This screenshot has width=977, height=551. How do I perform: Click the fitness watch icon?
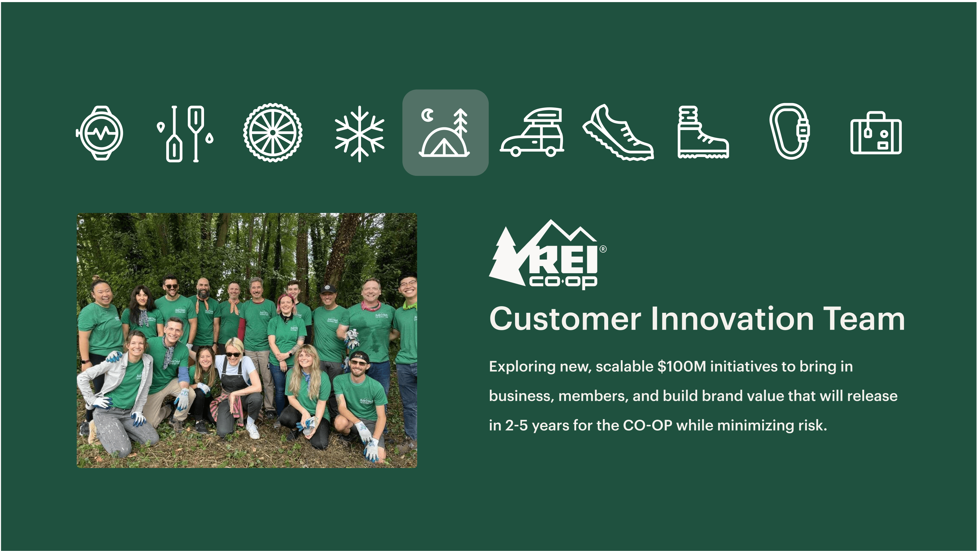[99, 133]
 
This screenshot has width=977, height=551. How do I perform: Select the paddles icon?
[185, 134]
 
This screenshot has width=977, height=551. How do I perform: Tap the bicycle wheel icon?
[273, 132]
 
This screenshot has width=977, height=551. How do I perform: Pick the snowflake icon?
[360, 134]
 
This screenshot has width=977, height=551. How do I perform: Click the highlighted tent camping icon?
[445, 132]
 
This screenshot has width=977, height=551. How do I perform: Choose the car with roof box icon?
[532, 132]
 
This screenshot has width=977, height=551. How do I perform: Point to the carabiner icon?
[790, 131]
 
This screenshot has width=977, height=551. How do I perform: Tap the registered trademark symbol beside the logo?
[603, 249]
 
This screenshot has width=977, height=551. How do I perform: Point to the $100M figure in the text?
[682, 367]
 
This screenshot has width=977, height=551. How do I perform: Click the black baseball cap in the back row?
[328, 289]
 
